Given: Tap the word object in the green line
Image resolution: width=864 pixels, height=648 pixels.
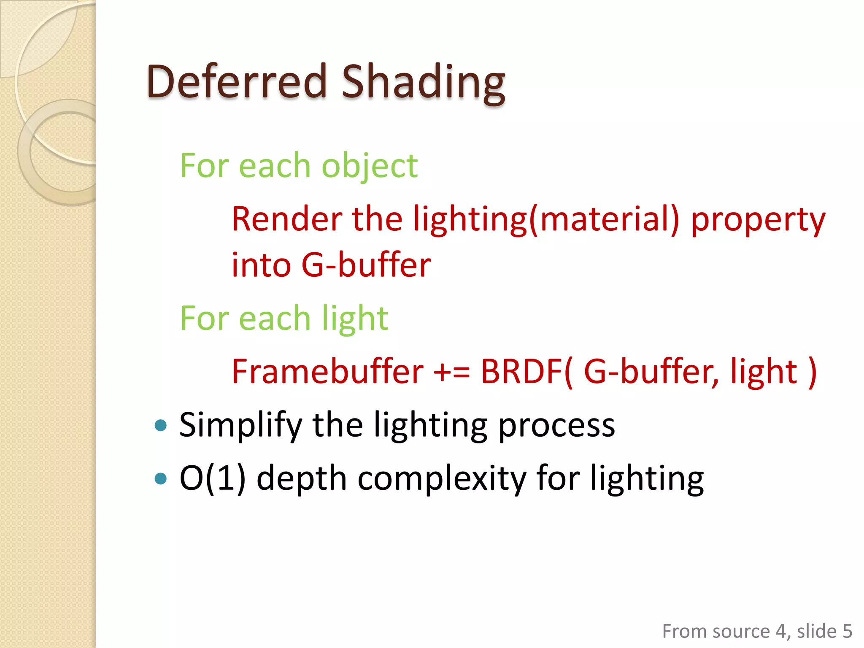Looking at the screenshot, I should point(370,166).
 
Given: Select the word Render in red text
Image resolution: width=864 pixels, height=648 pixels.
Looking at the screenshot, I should point(287,219).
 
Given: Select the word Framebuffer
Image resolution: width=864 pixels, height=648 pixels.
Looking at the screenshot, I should point(327,371).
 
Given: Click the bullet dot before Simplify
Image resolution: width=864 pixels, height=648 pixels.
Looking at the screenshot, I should point(161,425).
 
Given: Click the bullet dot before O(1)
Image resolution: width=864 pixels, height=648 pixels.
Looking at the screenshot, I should point(161,478).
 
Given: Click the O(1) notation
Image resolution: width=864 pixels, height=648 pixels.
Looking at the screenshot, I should point(213,478).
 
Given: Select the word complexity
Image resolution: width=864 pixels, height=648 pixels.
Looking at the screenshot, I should point(442,479).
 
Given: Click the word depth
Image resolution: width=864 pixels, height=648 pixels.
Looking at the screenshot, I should point(301,479).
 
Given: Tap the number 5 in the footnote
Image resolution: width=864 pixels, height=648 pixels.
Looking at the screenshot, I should point(847,632).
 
